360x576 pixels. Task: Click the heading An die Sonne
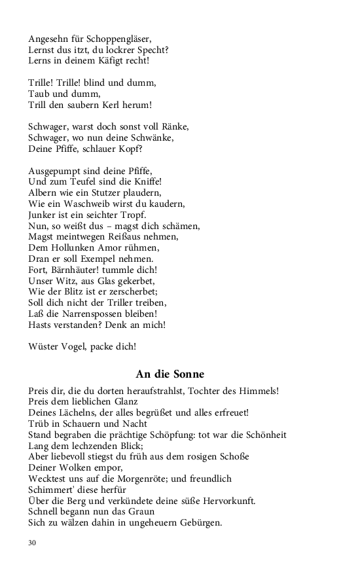[170, 374]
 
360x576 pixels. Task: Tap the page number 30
[32, 543]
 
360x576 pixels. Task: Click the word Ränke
[173, 126]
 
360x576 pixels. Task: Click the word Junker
[45, 215]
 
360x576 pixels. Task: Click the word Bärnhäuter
[84, 270]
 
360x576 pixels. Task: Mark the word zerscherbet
[133, 292]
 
